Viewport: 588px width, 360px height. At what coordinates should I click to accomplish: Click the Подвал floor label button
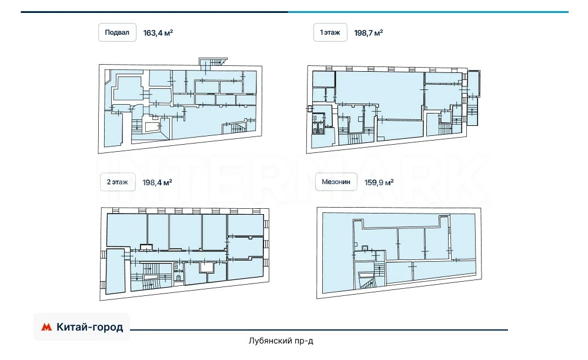tap(117, 32)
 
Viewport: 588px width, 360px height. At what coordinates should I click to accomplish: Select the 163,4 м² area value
tap(158, 33)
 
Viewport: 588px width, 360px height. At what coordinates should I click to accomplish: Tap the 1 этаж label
tap(330, 32)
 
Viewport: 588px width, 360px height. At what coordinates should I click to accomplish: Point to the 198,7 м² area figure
tap(368, 33)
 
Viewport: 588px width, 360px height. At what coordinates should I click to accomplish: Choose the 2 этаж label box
tap(118, 182)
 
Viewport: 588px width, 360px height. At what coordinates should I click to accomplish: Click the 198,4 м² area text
tap(157, 182)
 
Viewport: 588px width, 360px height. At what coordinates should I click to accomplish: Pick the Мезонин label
tap(336, 182)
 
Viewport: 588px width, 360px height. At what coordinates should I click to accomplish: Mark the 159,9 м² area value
tap(379, 182)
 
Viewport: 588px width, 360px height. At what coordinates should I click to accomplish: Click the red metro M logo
tap(46, 327)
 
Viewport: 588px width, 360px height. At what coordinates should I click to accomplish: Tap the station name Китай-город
tap(89, 327)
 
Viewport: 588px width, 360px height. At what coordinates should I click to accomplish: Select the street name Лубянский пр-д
tap(281, 341)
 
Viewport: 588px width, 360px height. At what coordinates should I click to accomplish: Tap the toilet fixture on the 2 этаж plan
tap(179, 278)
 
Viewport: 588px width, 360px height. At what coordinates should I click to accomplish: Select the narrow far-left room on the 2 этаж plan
tap(115, 271)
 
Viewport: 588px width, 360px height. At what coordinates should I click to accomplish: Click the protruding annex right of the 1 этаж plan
tap(473, 98)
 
